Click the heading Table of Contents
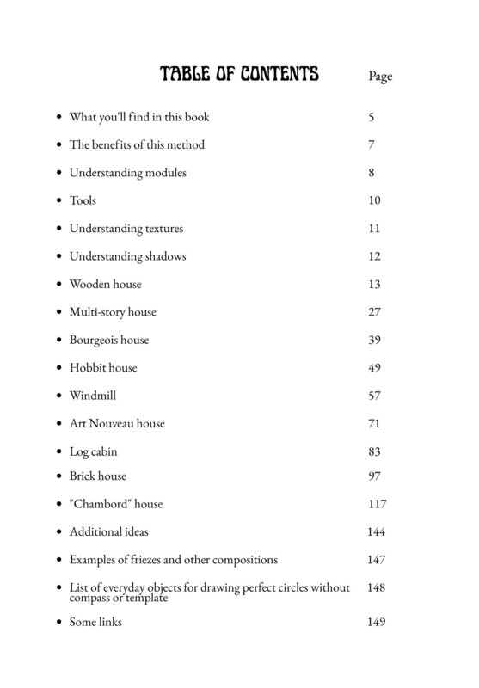click(239, 76)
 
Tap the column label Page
click(379, 77)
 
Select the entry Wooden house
click(105, 284)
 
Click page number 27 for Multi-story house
click(373, 312)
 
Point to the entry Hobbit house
click(103, 367)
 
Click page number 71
click(373, 423)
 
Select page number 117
click(376, 504)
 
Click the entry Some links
click(95, 622)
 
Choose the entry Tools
click(83, 200)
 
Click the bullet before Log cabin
click(58, 451)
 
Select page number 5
click(371, 117)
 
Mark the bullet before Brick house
click(58, 476)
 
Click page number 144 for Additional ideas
click(375, 532)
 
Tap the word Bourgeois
click(95, 340)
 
